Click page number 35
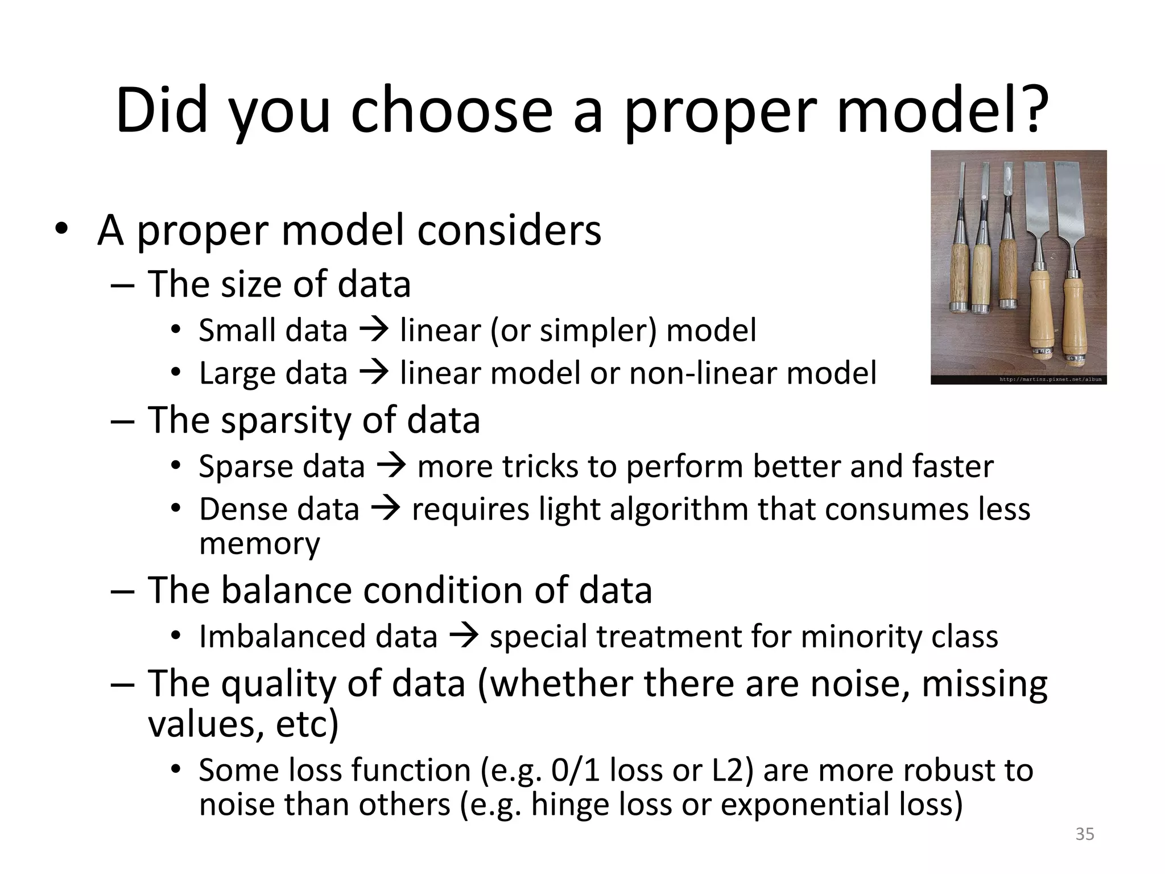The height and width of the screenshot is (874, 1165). point(1085,834)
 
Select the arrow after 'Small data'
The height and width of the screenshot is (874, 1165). point(374,329)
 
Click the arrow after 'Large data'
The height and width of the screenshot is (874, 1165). point(374,373)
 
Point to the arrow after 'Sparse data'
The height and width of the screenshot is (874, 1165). point(391,466)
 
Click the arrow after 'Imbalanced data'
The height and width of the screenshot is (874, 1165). point(464,636)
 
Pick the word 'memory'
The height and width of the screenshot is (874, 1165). point(259,543)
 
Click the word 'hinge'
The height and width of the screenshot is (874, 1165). point(569,805)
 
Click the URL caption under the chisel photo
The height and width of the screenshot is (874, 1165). point(1050,379)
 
